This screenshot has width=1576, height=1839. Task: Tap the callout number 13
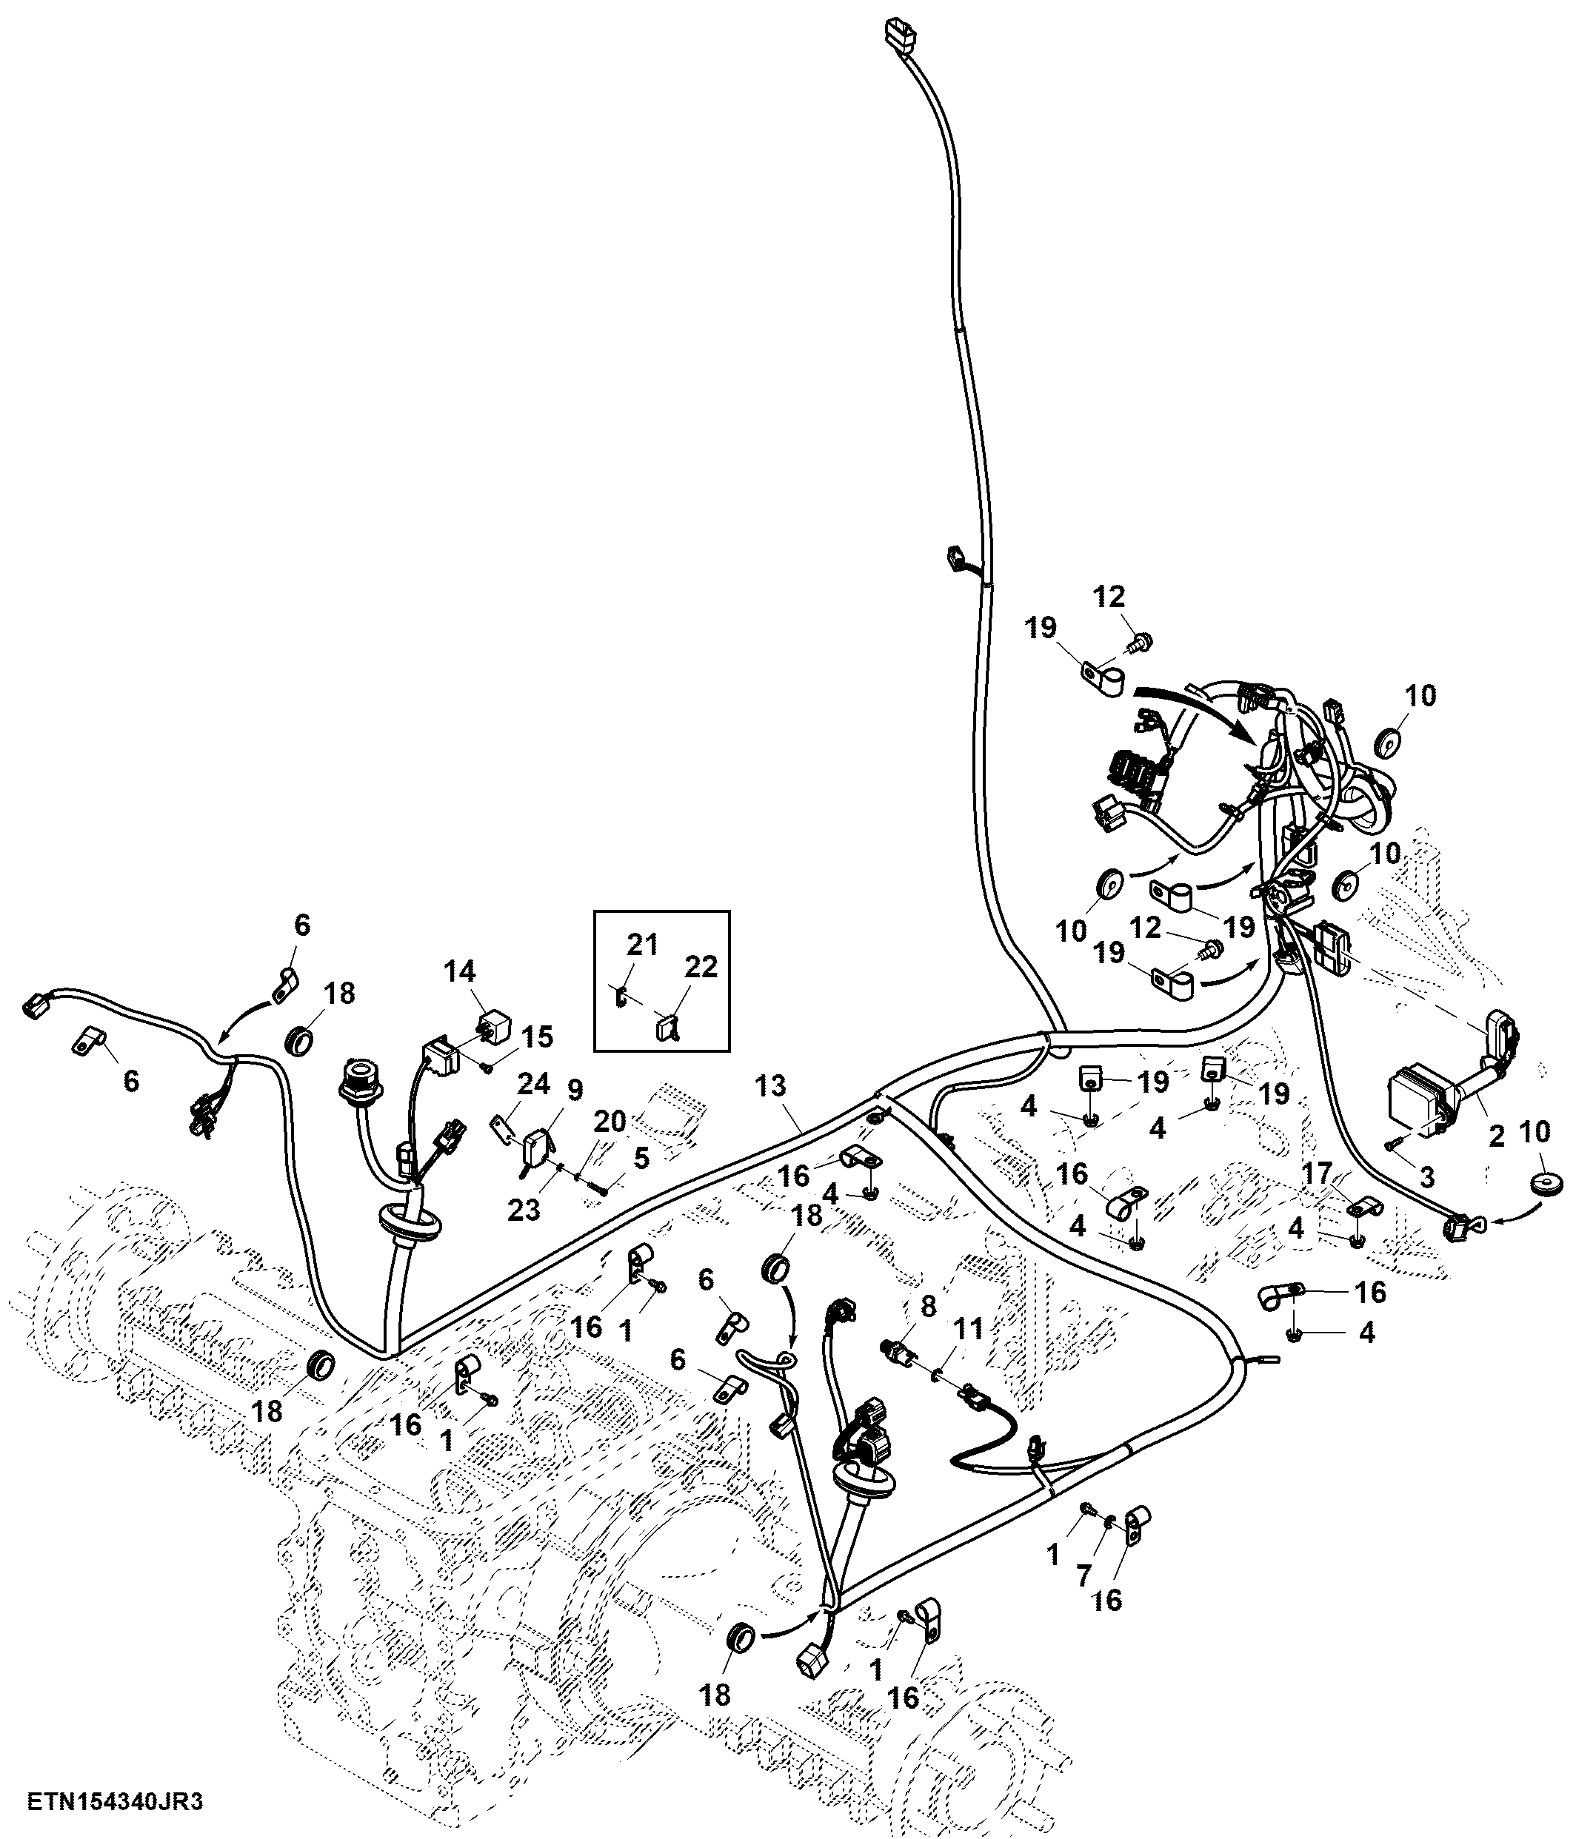point(771,1085)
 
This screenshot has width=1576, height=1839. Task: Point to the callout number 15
point(537,1036)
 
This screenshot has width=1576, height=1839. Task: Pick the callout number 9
point(575,1090)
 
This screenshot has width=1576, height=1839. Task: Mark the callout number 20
point(610,1122)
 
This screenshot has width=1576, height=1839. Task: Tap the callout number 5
point(641,1157)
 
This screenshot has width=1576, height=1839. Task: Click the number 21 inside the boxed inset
point(642,945)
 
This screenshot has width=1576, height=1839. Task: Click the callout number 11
point(969,1330)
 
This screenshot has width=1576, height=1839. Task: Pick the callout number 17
point(1317,1174)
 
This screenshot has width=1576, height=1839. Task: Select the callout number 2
point(1496,1135)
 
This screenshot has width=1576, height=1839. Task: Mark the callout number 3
point(1427,1178)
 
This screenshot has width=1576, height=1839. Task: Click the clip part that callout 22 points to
point(668,1027)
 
